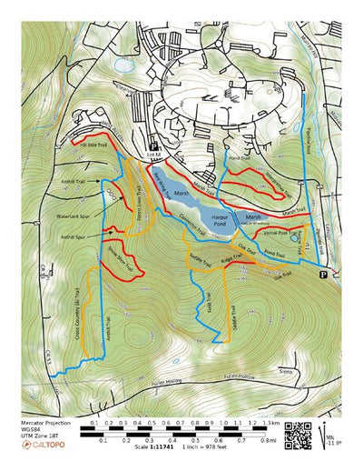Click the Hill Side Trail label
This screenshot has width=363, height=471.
coord(94,144)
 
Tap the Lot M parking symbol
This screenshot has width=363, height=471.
coord(154,145)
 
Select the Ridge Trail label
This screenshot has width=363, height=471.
coord(230,258)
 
